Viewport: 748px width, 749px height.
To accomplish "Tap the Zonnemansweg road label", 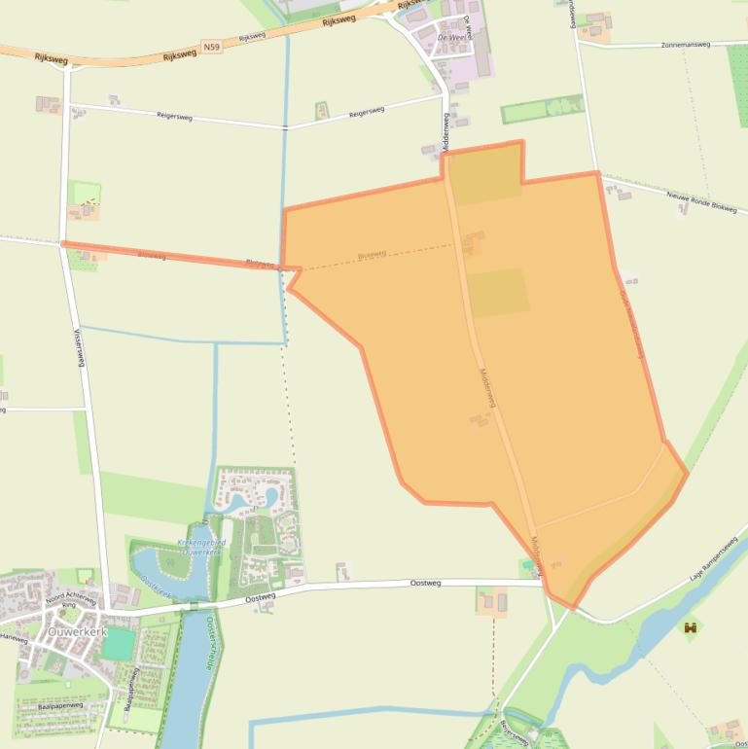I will click(x=686, y=45).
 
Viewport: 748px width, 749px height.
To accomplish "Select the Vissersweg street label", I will click(x=79, y=346).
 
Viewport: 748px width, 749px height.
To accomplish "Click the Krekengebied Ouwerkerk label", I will click(x=202, y=547).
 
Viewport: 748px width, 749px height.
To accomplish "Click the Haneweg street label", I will click(x=14, y=638).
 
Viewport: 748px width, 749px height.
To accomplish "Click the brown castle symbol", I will click(x=692, y=628).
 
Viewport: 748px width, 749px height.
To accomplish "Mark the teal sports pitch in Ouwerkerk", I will click(x=119, y=644).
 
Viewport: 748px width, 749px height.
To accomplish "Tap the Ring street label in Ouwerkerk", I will click(x=69, y=605).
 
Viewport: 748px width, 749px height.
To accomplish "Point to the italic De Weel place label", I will click(x=453, y=37).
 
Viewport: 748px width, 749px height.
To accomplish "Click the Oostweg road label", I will click(x=262, y=597).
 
